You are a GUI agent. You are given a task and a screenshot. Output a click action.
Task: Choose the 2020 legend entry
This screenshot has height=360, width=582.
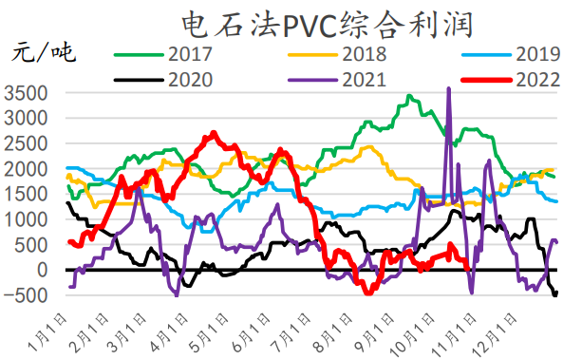[x=189, y=78]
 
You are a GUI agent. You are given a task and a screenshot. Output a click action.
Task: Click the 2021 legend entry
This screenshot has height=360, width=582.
[x=363, y=78]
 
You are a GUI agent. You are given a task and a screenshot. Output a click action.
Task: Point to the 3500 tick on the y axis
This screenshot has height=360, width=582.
[x=24, y=93]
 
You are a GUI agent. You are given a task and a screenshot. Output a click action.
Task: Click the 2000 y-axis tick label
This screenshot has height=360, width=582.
[x=24, y=169]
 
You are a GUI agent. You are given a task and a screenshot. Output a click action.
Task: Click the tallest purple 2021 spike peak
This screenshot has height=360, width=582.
[x=448, y=88]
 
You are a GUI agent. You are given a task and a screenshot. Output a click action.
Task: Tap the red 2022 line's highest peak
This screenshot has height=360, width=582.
[x=214, y=133]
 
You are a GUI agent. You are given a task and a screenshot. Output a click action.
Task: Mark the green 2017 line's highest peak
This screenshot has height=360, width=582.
[x=409, y=96]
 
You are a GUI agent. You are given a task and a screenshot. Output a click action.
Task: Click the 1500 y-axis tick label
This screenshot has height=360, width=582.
[x=24, y=195]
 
